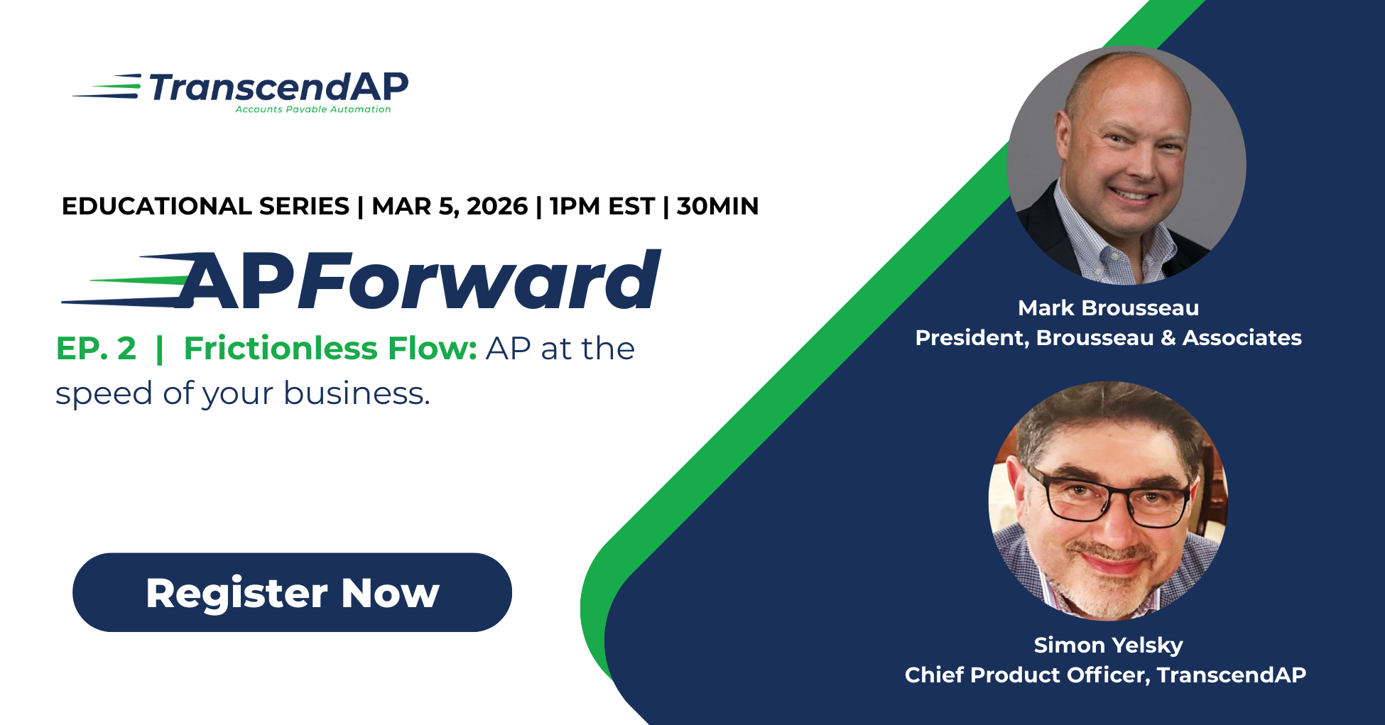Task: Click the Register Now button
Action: [x=292, y=592]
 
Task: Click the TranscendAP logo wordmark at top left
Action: [x=278, y=87]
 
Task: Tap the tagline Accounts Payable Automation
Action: [x=313, y=109]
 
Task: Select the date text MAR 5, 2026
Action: [x=450, y=206]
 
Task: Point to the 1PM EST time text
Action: [x=602, y=206]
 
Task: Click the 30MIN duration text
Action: [x=717, y=206]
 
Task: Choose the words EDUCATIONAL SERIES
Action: [x=205, y=206]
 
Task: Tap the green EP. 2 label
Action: [x=96, y=349]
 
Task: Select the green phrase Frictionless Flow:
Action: [x=330, y=349]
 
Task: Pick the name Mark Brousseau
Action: [x=1108, y=307]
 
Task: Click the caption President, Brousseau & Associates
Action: [x=1108, y=337]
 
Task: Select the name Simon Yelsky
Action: [x=1108, y=645]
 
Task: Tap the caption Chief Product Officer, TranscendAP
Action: [x=1105, y=675]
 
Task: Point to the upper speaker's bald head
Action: [x=1122, y=78]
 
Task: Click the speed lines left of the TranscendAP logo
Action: [x=107, y=87]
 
